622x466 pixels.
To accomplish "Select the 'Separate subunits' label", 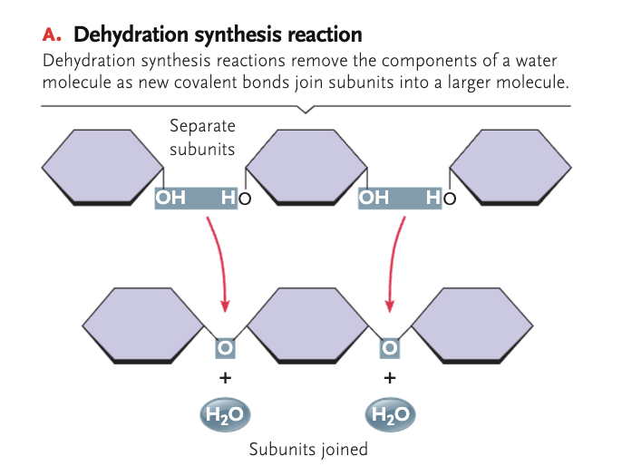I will pyautogui.click(x=202, y=138).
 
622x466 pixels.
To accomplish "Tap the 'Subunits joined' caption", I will pyautogui.click(x=308, y=448).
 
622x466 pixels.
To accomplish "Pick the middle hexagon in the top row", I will pyautogui.click(x=306, y=166).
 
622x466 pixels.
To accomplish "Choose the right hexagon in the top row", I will pyautogui.click(x=510, y=166).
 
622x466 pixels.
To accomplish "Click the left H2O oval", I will pyautogui.click(x=225, y=414).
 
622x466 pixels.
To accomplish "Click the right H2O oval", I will pyautogui.click(x=390, y=414).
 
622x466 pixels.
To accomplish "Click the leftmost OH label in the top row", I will pyautogui.click(x=171, y=197).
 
